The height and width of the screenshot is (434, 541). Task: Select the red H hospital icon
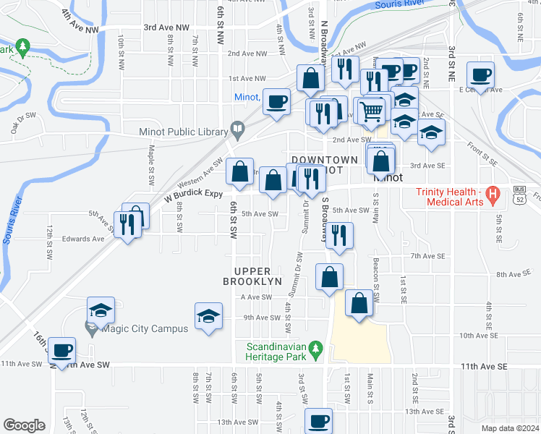tap(493, 194)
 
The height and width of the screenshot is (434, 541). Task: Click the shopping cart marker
tap(370, 111)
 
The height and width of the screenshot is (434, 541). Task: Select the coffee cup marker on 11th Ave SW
tap(62, 350)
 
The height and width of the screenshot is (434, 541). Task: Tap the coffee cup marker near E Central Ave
tap(481, 75)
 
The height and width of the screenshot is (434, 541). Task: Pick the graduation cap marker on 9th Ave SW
tap(208, 315)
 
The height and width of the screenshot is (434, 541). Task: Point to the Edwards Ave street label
tap(83, 238)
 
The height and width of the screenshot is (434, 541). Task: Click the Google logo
tap(24, 425)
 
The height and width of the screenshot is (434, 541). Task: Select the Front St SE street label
tap(477, 151)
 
